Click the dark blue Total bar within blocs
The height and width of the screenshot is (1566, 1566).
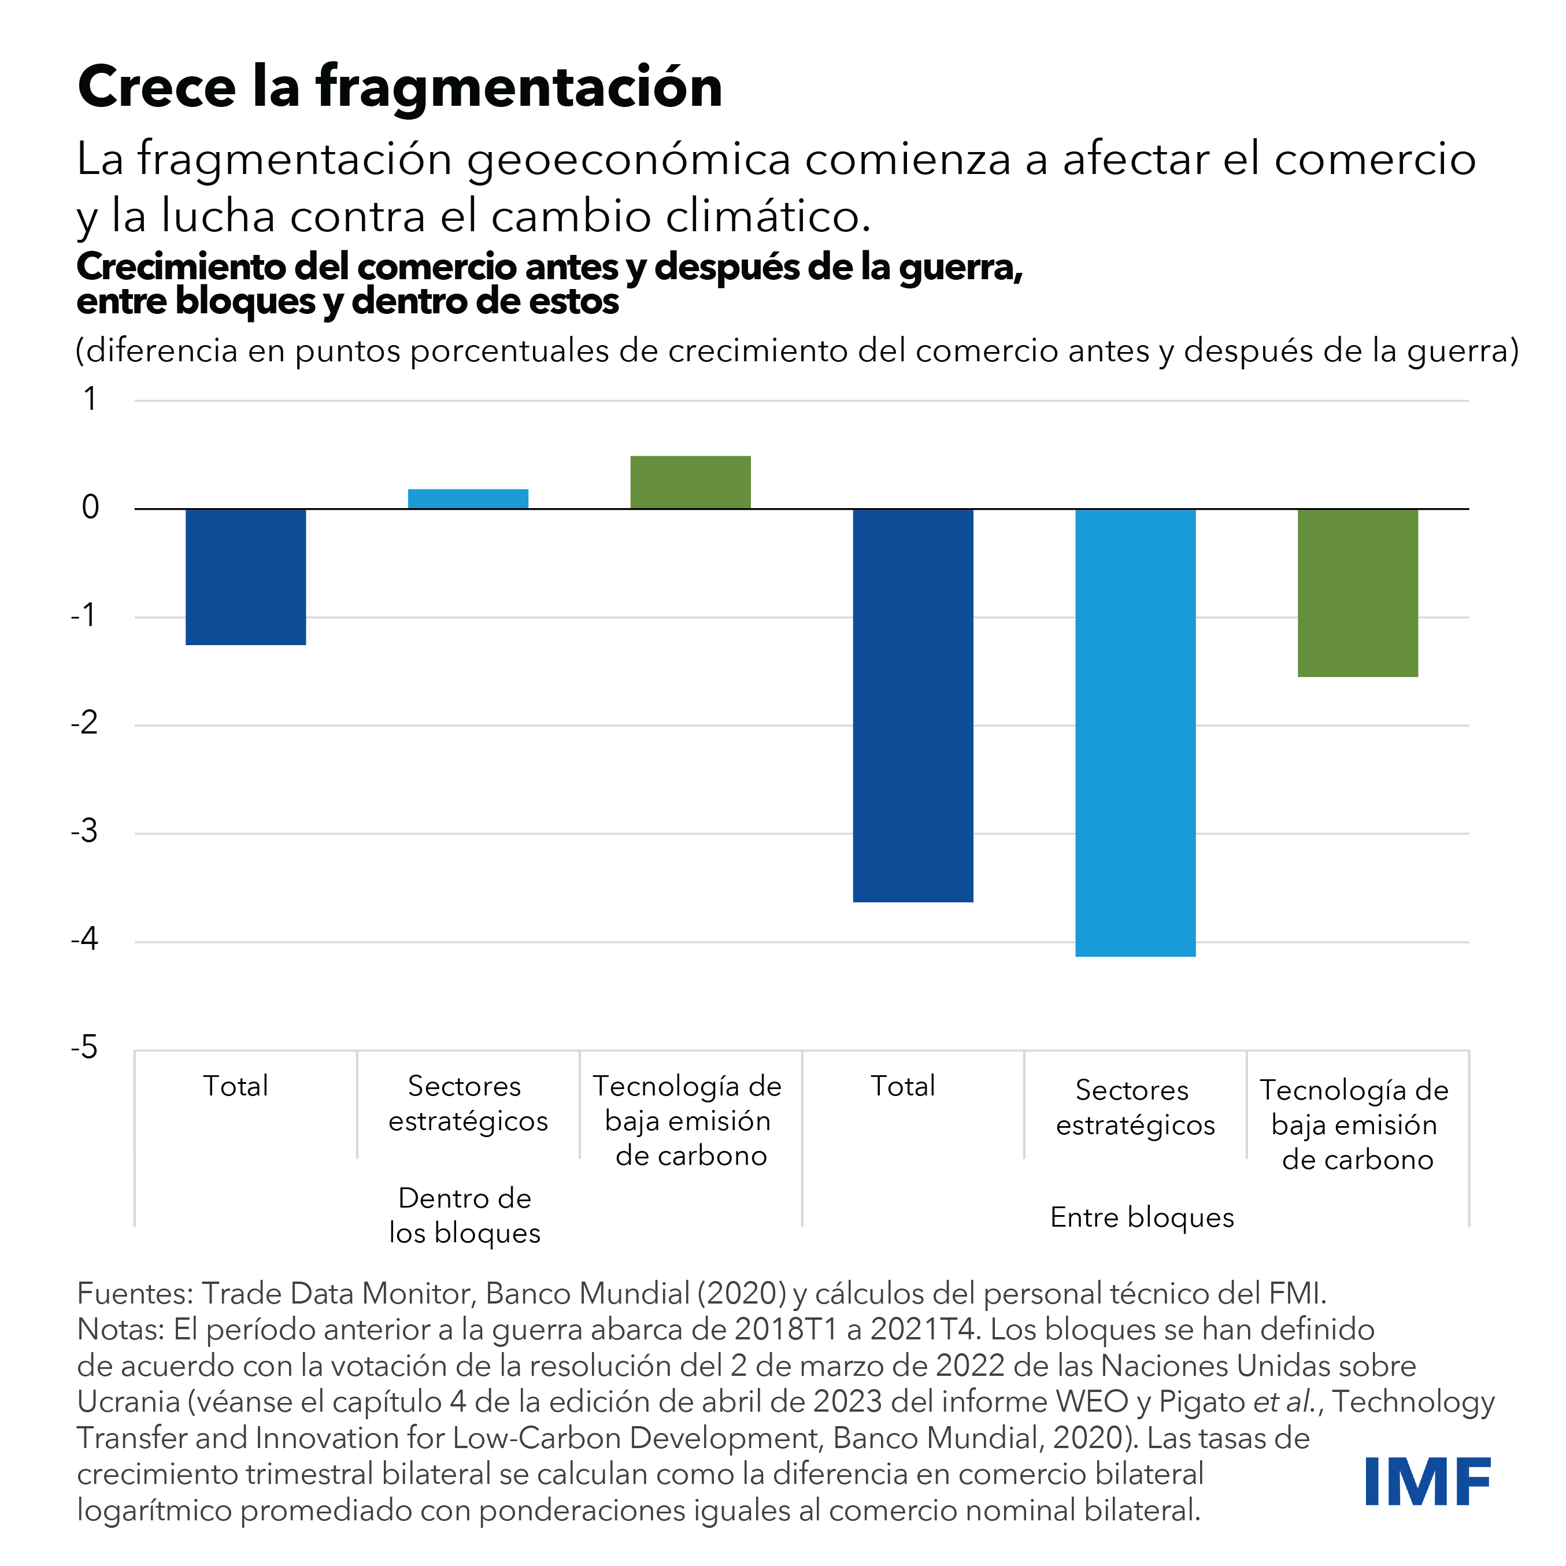pos(246,576)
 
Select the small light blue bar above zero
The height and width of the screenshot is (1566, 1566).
pos(468,498)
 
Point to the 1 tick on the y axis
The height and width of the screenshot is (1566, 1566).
pos(90,399)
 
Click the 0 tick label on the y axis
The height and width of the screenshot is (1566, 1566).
pos(90,508)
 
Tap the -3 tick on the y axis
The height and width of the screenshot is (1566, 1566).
pos(84,832)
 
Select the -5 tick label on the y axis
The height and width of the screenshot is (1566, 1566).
pos(84,1048)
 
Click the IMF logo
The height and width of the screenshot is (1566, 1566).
pos(1427,1481)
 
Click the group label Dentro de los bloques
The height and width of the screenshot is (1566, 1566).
pos(464,1215)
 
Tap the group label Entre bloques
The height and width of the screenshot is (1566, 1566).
pos(1141,1217)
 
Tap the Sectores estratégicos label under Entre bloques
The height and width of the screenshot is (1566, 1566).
pos(1135,1107)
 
